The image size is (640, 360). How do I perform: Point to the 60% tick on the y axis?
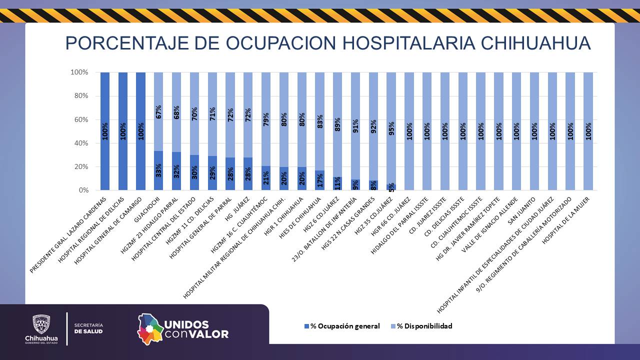click(x=79, y=119)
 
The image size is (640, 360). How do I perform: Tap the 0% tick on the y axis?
click(x=82, y=190)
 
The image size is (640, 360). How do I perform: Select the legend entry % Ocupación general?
click(x=342, y=326)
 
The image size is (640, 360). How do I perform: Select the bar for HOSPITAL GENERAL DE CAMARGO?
click(x=141, y=131)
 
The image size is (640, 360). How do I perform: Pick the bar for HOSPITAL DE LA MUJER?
click(x=588, y=131)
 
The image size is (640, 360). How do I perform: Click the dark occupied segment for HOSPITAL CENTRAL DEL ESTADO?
click(x=194, y=172)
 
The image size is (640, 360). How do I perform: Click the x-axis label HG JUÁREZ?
click(x=238, y=208)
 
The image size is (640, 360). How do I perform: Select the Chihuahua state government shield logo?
click(x=41, y=324)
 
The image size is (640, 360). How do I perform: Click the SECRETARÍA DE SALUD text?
click(x=88, y=328)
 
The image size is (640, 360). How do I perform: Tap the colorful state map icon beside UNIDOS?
click(x=150, y=329)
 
